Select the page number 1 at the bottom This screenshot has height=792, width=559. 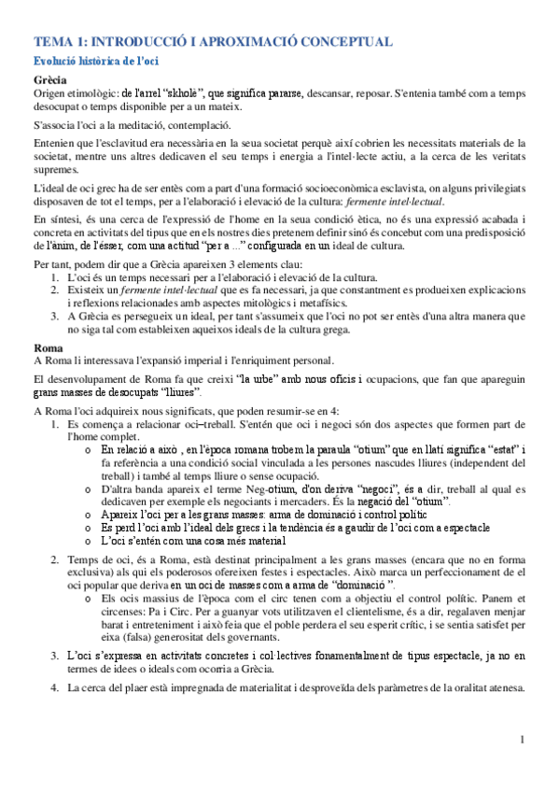click(x=524, y=766)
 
